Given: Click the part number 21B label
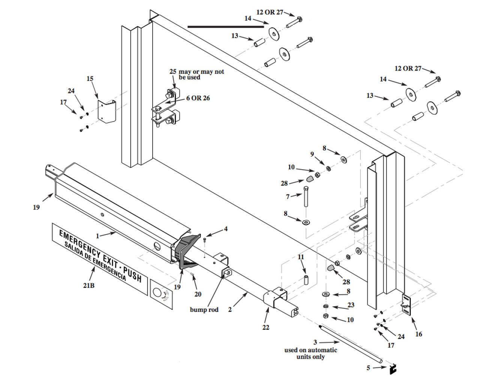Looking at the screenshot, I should coord(88,285).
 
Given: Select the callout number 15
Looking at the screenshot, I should coord(90,79).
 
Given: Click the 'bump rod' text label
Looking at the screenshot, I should coord(204,310).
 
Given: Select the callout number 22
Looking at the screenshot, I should coord(265,327).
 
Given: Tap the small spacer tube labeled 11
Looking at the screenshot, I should coord(306,280).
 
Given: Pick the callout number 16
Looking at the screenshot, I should coord(418,334).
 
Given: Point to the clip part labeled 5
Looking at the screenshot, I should coord(393,369).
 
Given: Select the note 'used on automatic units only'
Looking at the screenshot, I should coord(310,353).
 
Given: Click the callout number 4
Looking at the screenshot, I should coord(226,229).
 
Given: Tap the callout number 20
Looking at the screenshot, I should coord(198,294).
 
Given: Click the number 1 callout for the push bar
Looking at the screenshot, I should coord(97,236).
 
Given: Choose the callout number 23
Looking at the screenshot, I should coord(351,305).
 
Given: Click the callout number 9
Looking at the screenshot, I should coord(312,154).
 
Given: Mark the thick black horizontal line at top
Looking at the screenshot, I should coord(225,27).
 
